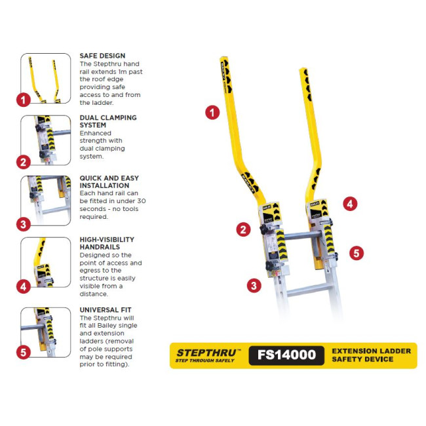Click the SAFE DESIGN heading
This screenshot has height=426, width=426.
point(102,56)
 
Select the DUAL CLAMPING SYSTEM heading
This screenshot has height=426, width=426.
point(108,121)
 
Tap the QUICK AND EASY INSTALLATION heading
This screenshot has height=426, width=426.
point(109,182)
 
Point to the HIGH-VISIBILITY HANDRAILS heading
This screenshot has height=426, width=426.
point(107,243)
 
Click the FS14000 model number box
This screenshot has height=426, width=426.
point(286,355)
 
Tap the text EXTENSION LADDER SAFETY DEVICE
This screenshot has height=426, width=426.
point(371,355)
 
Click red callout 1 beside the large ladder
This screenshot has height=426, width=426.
point(212,112)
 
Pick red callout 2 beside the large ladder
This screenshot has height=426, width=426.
point(244,229)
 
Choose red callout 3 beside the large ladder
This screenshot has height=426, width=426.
point(254,285)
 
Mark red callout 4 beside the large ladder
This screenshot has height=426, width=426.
point(350,204)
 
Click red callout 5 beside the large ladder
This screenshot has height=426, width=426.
point(356,253)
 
